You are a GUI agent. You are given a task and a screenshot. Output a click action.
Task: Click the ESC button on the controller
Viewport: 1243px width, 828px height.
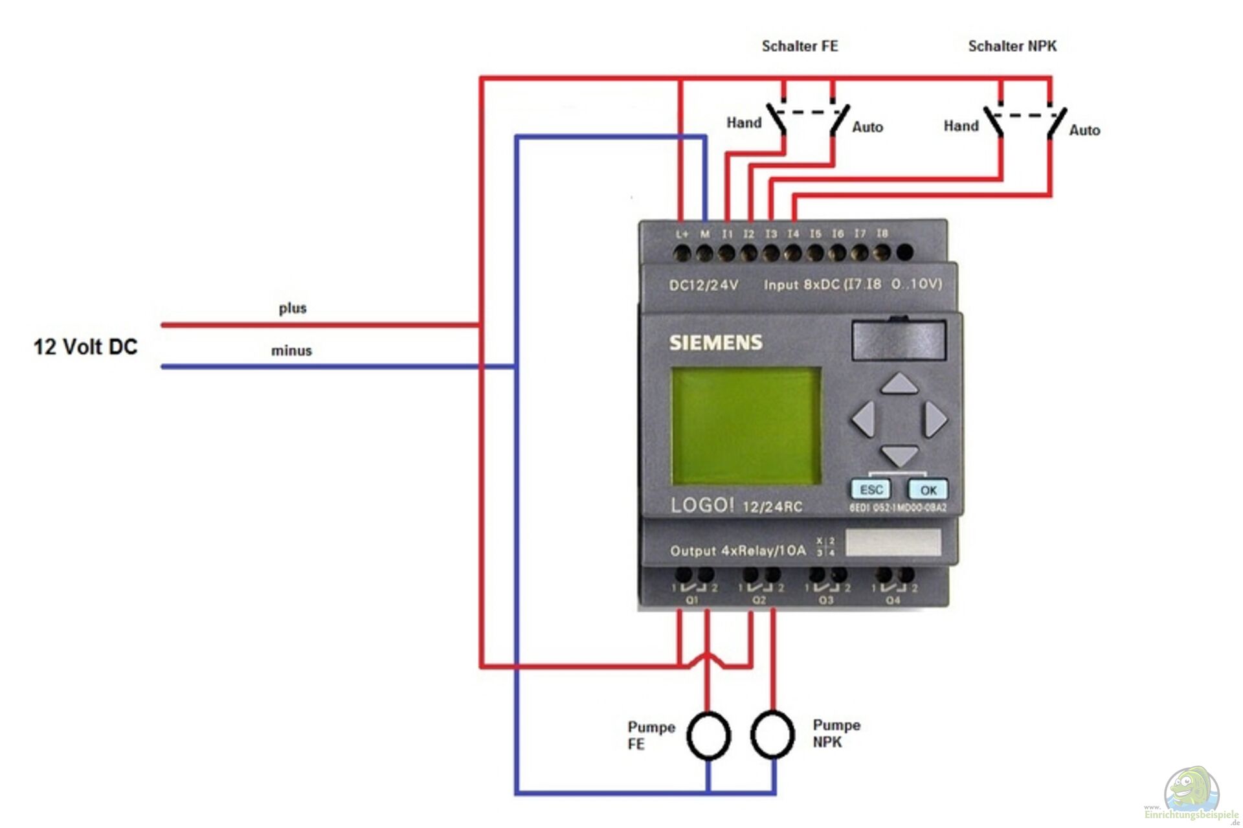[x=871, y=489]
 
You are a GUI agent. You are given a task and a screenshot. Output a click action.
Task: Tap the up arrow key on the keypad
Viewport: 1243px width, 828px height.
[x=899, y=384]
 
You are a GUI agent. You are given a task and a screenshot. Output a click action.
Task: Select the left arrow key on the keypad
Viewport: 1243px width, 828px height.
[x=864, y=418]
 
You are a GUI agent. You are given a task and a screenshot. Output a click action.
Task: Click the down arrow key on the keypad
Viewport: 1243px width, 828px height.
[x=899, y=454]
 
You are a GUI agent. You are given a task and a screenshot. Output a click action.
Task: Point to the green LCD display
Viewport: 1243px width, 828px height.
[x=746, y=426]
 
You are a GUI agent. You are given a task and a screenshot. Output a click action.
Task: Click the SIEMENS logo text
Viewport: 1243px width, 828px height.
[x=715, y=342]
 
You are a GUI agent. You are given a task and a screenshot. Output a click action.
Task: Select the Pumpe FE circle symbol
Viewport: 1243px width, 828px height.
[x=708, y=735]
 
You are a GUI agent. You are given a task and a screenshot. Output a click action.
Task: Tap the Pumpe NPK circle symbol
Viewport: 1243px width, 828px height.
[x=772, y=734]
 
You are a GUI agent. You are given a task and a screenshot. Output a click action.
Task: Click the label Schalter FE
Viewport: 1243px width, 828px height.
[x=800, y=46]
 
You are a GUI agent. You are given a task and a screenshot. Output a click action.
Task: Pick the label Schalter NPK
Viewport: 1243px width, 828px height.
[x=1012, y=46]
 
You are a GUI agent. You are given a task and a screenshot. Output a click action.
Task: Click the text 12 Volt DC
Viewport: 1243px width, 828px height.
[x=85, y=347]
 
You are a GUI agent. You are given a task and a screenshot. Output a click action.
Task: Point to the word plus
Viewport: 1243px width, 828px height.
[x=293, y=308]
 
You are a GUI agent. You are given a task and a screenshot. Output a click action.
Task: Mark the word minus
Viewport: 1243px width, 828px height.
[x=291, y=351]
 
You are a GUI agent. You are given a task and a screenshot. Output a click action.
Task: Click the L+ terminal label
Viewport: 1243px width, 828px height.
[x=682, y=234]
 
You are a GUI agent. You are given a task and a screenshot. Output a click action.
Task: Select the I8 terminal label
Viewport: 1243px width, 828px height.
[x=882, y=233]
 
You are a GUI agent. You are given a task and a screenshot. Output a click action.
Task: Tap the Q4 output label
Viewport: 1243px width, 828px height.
[x=893, y=600]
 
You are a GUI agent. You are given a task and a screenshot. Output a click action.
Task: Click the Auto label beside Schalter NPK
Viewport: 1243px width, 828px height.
[x=1084, y=130]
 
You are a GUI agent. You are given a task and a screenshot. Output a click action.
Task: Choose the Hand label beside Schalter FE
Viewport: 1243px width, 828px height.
[x=744, y=122]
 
